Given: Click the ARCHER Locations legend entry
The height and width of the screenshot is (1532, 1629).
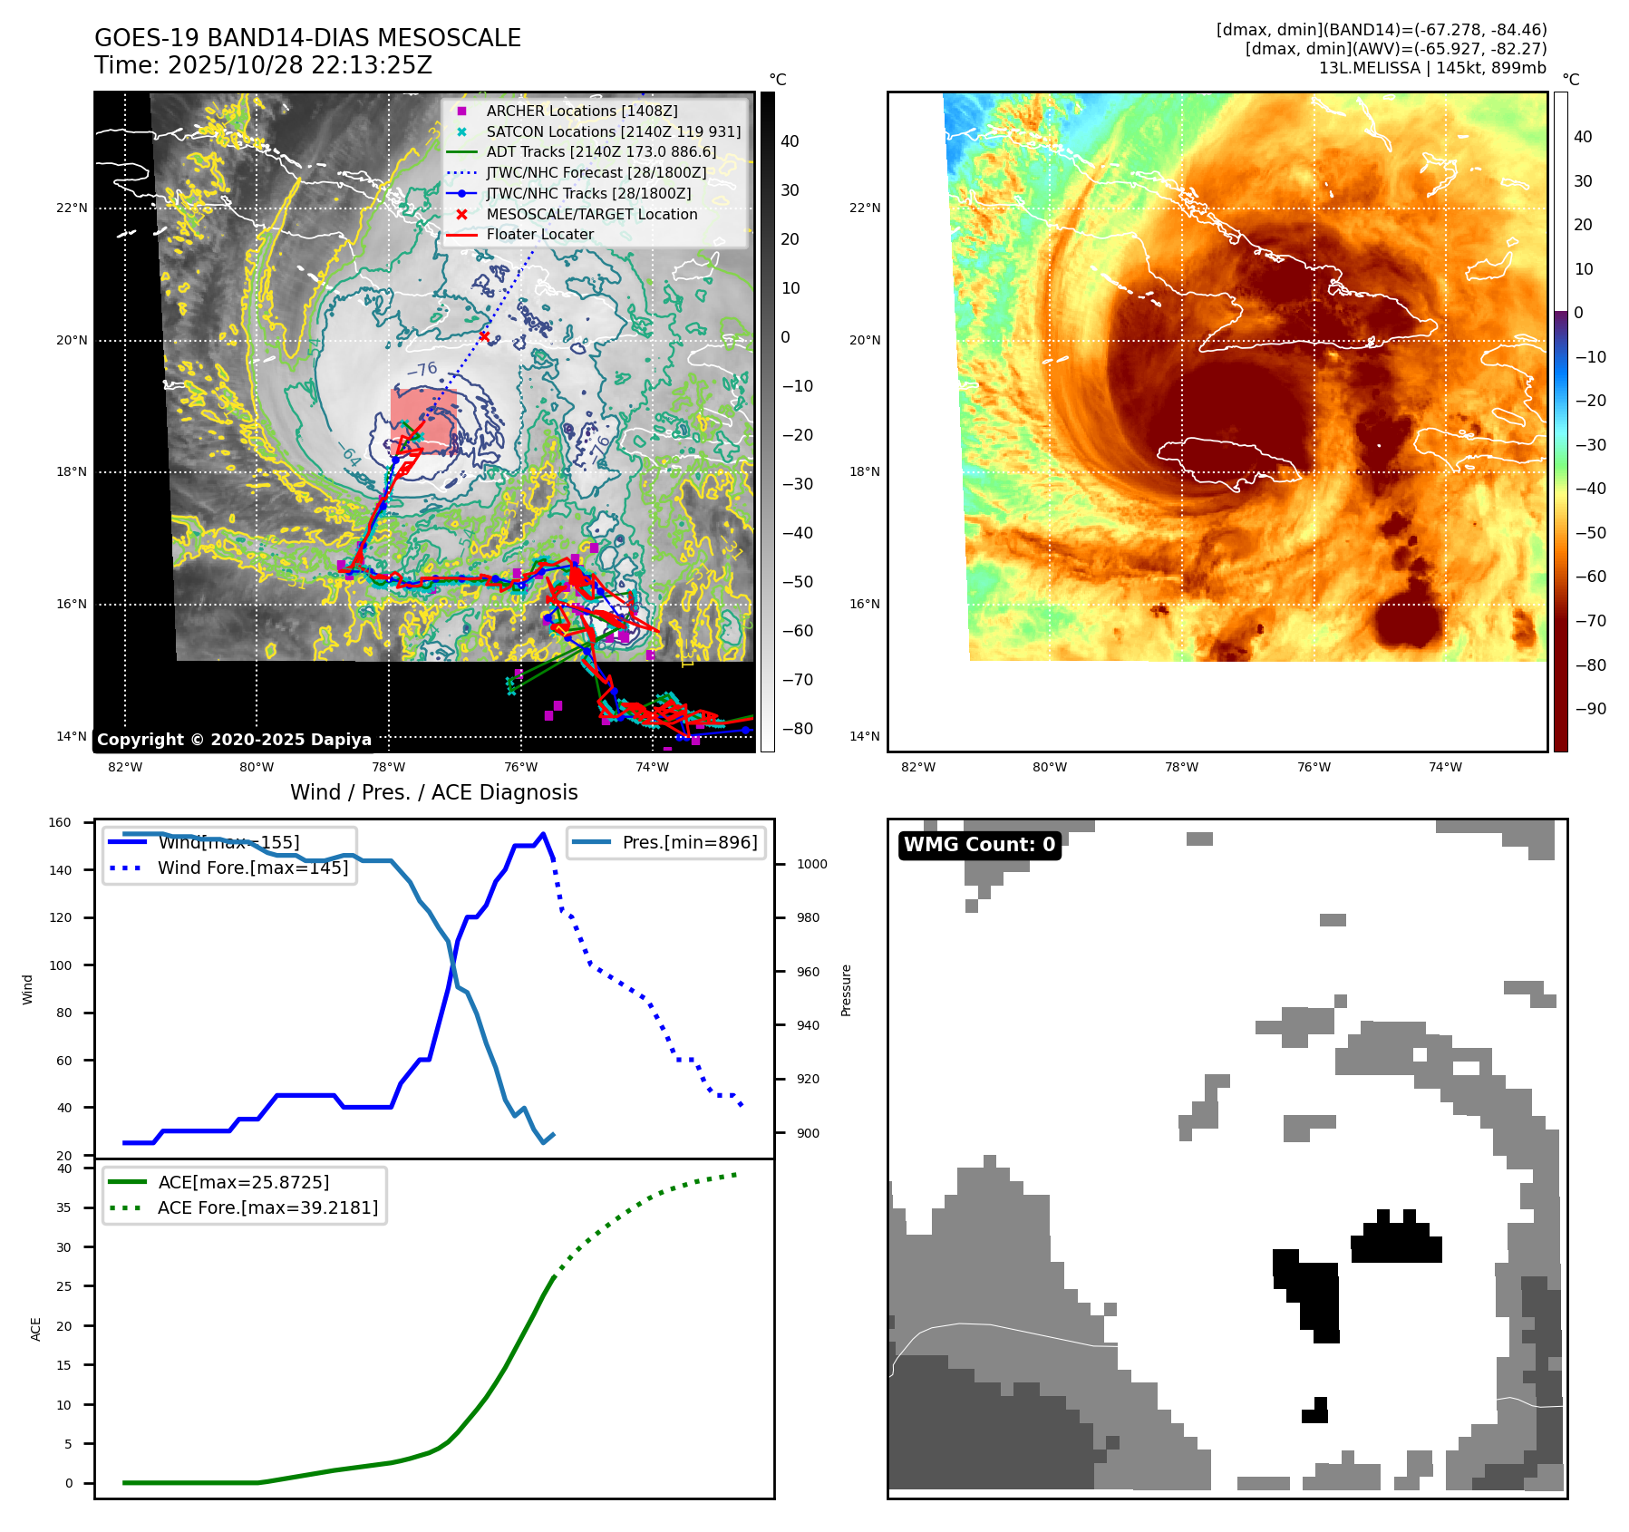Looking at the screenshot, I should click(x=581, y=111).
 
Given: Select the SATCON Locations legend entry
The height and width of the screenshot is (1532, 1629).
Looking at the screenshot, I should click(x=613, y=131).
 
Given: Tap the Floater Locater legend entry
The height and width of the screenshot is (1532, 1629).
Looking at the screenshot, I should click(x=539, y=234).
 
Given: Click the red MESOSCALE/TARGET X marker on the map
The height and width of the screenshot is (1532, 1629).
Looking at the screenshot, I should click(x=484, y=336).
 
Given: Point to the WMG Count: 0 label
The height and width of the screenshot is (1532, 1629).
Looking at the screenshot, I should click(x=979, y=845).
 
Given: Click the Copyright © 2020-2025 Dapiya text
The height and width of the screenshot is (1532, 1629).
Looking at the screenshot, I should click(x=234, y=740).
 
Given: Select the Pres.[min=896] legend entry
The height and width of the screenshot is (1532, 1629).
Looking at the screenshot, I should click(x=689, y=842).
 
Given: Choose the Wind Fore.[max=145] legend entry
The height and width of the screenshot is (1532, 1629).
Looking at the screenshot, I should click(x=252, y=868).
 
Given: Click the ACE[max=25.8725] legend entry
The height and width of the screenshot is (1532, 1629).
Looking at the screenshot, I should click(x=243, y=1182).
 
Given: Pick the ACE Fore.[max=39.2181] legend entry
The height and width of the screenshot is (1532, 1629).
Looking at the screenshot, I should click(x=267, y=1207).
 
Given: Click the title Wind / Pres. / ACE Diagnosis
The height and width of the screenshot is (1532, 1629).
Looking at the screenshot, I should click(x=433, y=792).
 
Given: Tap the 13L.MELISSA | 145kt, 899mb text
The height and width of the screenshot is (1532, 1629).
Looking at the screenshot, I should click(x=1432, y=68).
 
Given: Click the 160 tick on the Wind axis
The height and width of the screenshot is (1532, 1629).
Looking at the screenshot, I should click(x=60, y=823).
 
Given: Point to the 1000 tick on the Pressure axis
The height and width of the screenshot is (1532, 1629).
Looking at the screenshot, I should click(x=811, y=864).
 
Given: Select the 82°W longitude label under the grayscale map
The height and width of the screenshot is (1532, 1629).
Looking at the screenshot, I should click(x=125, y=767).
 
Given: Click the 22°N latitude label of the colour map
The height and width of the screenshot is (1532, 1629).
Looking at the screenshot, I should click(x=864, y=208).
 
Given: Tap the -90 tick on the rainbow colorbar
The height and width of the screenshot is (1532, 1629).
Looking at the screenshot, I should click(x=1590, y=709).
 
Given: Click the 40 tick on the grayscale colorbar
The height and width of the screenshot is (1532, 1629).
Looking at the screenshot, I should click(x=790, y=141).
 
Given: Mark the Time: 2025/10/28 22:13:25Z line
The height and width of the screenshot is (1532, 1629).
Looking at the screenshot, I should click(x=263, y=65).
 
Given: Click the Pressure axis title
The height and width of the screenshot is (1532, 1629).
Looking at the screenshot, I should click(x=846, y=990).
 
